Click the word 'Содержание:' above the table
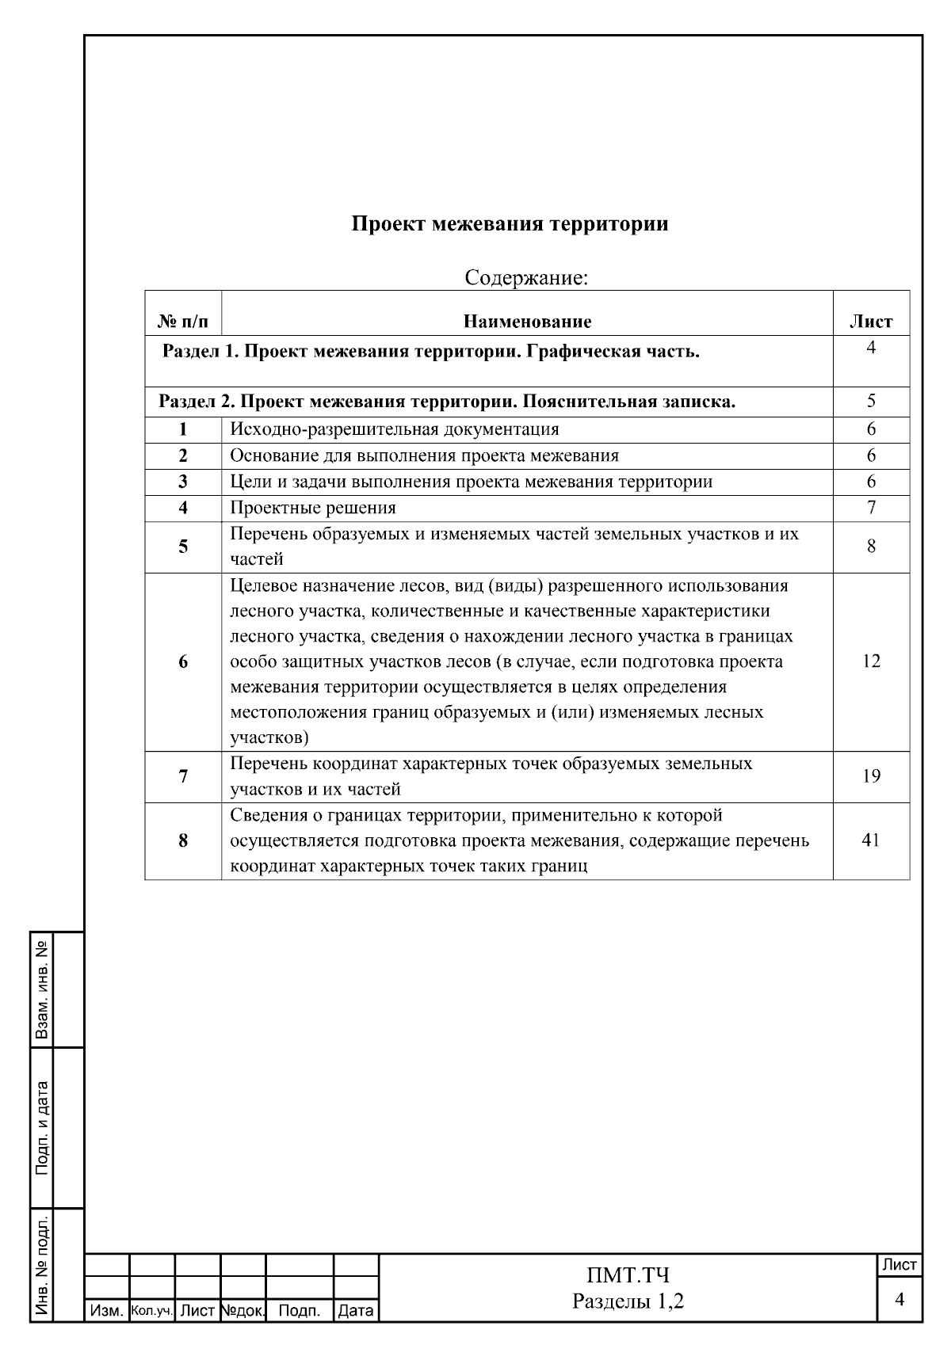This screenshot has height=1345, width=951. tap(526, 278)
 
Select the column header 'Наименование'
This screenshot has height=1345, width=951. tap(527, 322)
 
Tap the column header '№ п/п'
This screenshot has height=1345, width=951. tap(183, 322)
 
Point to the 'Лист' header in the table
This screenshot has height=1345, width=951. tap(870, 322)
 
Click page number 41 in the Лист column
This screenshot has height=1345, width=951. tap(870, 840)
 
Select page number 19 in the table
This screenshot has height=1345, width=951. tap(870, 776)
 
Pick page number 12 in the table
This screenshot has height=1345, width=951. tap(870, 661)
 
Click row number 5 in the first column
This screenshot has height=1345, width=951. tap(183, 546)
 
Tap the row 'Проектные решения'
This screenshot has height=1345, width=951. tap(313, 508)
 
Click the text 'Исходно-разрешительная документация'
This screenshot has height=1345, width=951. tap(394, 429)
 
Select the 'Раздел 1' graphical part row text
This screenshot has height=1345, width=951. tap(430, 352)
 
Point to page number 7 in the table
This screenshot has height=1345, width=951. tap(870, 508)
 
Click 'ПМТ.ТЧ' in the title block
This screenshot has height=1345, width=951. tap(628, 1275)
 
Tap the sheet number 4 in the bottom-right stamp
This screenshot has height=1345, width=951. tap(899, 1300)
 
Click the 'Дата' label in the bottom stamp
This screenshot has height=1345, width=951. tap(355, 1312)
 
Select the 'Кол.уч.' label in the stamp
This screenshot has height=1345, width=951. tap(151, 1312)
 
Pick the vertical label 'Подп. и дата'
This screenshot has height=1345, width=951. tap(42, 1127)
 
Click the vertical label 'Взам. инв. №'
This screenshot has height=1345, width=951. tap(42, 990)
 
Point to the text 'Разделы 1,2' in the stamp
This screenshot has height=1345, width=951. tap(628, 1301)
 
